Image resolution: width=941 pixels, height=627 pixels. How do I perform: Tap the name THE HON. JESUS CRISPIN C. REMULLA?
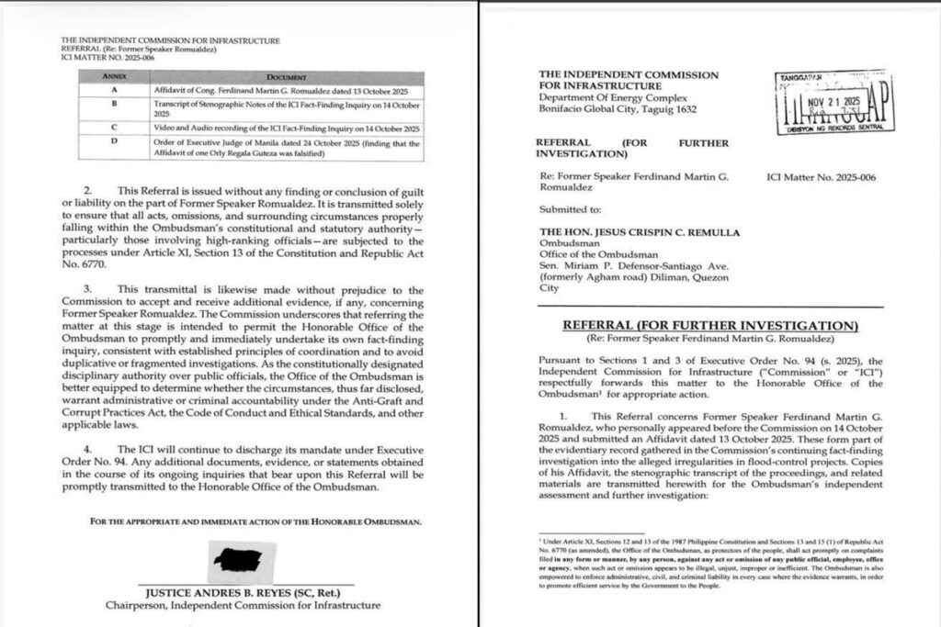click(x=640, y=232)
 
